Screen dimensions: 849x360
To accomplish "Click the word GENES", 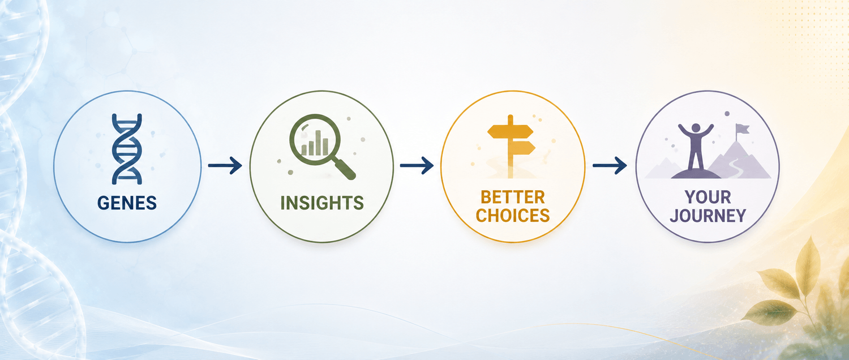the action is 127,203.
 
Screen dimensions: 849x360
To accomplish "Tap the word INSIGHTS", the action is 322,203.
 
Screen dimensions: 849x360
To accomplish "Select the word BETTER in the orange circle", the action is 513,198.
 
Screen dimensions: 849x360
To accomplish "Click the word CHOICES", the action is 513,215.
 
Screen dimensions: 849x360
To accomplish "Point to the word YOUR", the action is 707,197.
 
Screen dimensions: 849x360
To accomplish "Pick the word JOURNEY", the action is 707,215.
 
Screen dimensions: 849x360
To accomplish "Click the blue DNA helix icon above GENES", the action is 127,149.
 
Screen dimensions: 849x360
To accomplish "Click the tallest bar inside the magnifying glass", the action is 318,143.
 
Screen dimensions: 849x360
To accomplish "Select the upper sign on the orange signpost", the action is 510,132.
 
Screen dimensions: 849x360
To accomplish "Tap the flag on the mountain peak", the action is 742,129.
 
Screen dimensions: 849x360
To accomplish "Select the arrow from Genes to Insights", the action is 225,166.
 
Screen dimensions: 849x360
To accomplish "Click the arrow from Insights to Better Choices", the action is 417,166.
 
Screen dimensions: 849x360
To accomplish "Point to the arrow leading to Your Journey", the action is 610,166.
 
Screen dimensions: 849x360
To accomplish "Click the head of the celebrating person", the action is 696,128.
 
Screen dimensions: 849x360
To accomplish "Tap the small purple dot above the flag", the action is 727,113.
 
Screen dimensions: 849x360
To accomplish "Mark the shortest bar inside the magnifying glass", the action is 304,150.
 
